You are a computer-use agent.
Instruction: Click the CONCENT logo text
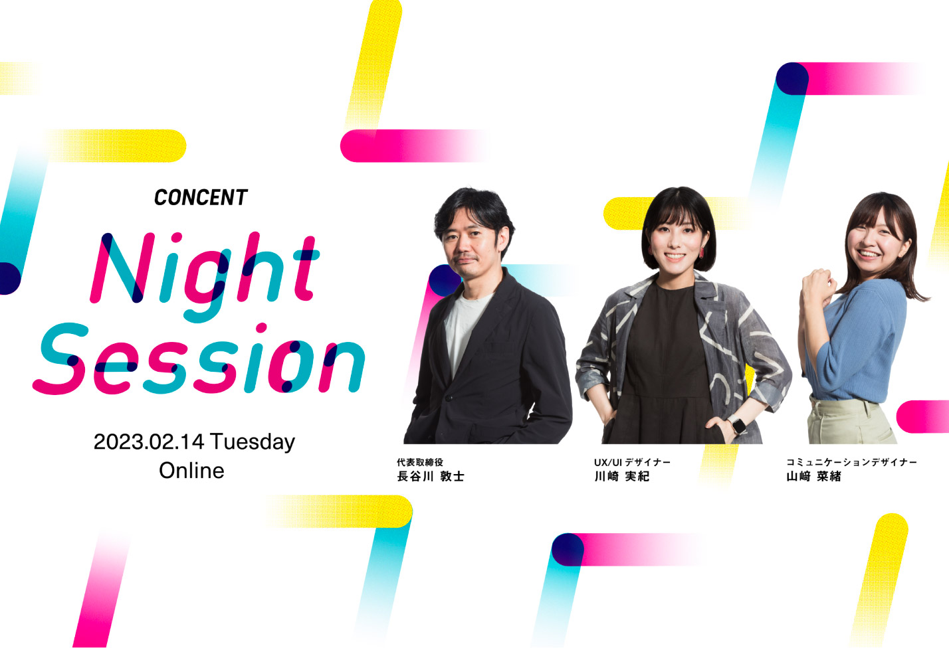tap(201, 198)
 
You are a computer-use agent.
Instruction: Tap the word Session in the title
tap(198, 359)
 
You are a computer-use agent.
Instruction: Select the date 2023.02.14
tap(149, 442)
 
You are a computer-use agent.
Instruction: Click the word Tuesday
tap(253, 443)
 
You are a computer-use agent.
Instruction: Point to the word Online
tap(191, 471)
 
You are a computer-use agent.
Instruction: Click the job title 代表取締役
tap(420, 462)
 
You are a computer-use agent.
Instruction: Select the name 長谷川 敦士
tap(431, 477)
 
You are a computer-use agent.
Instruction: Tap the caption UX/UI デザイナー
tap(632, 462)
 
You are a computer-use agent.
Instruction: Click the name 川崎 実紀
tap(621, 477)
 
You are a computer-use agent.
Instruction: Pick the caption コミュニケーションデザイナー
tap(851, 462)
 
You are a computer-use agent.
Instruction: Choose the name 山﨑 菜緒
tap(814, 477)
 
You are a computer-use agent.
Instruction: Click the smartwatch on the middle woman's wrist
tap(738, 425)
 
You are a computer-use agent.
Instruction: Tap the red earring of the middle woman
tap(702, 252)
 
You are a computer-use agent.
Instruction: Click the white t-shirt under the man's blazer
tap(464, 326)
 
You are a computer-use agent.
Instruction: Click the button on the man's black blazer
tap(448, 398)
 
